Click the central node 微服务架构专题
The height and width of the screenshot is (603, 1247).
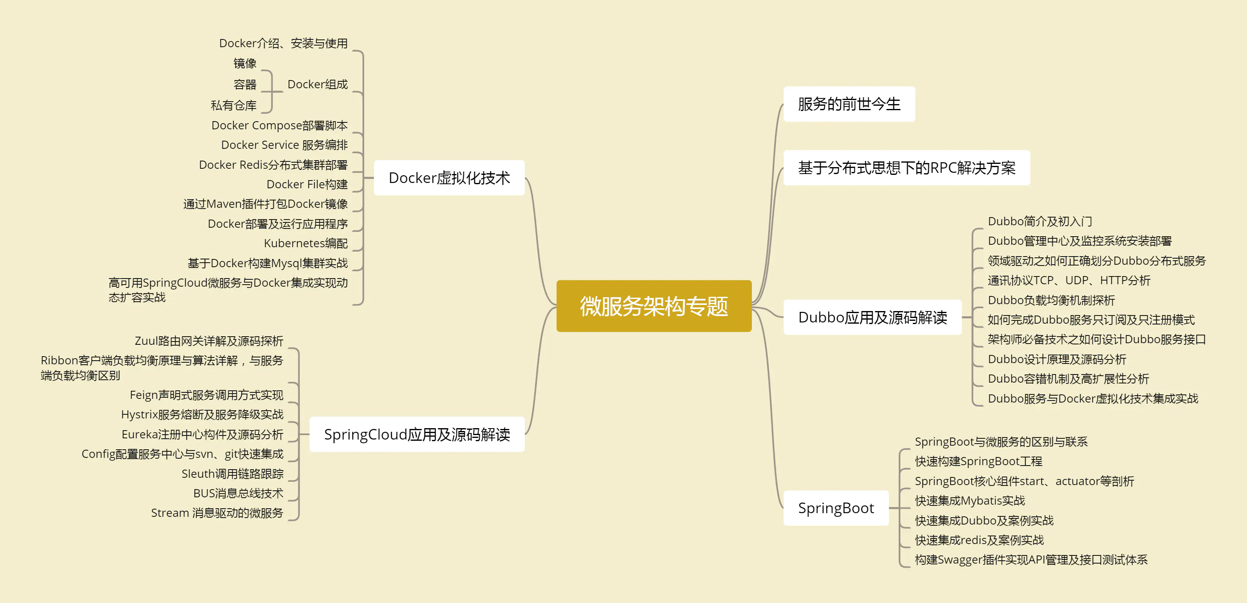coord(654,306)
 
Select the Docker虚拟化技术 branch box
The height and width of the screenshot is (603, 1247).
coord(449,178)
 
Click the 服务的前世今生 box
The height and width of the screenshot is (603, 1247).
coord(849,104)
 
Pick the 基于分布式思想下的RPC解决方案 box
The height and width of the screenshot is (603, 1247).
coord(907,168)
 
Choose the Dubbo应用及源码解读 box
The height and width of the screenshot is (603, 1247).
coord(872,317)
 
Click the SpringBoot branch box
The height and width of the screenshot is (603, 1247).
coord(836,508)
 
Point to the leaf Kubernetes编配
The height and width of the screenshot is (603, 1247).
coord(306,243)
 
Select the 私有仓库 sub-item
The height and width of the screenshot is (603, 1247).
coord(234,105)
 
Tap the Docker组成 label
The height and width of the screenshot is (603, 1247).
coord(318,84)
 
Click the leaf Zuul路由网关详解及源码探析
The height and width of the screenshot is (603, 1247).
coord(209,341)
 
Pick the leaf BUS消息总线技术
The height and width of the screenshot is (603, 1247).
coord(238,493)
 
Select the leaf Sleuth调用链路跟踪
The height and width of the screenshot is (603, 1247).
coord(232,473)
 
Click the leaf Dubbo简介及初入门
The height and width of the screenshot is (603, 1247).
coord(1040,221)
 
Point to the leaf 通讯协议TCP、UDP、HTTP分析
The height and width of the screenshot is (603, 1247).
coord(1069,280)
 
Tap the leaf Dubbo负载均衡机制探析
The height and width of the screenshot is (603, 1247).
coord(1051,300)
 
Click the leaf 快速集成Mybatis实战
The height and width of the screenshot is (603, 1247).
coord(970,501)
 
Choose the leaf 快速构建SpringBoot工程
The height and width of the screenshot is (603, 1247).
coord(978,461)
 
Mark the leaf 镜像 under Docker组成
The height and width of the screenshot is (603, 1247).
coord(245,63)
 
